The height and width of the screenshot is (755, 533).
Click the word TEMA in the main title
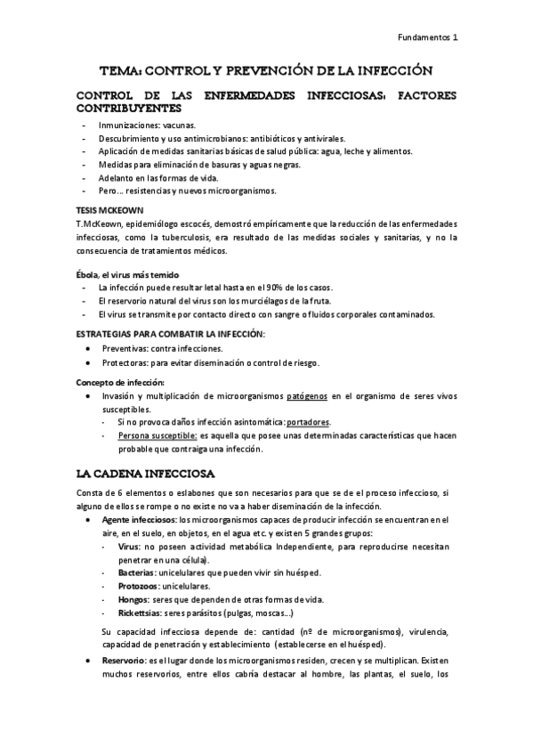click(119, 69)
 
